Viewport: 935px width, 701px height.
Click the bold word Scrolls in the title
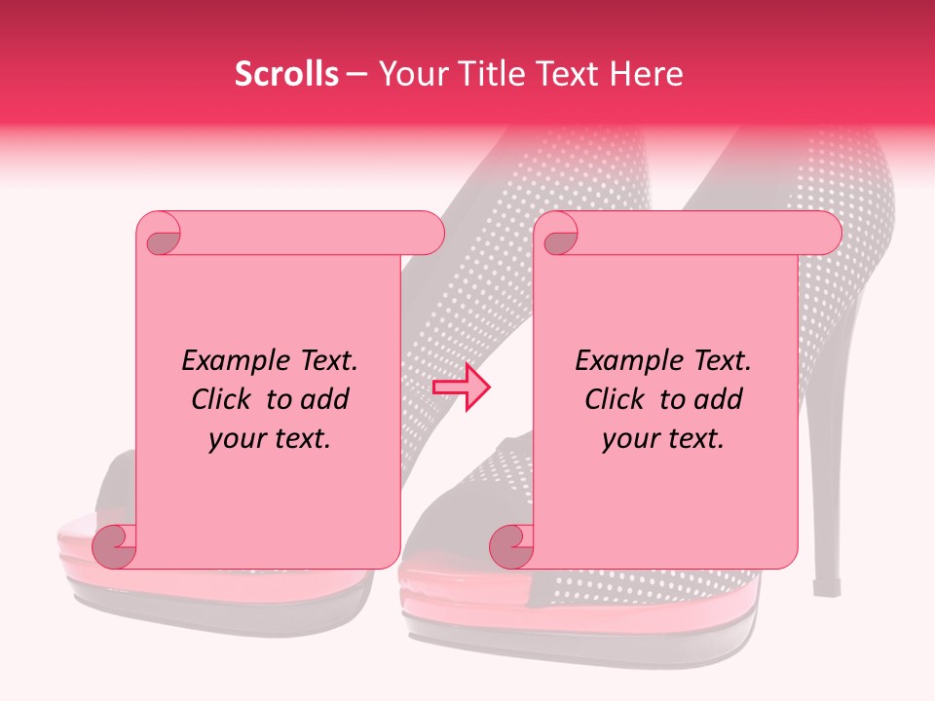pos(286,74)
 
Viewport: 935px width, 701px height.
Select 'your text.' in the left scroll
pos(270,438)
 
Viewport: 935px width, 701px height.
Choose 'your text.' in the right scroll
pos(663,438)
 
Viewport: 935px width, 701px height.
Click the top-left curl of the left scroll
pos(159,235)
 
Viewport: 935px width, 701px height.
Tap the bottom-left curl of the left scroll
pos(115,546)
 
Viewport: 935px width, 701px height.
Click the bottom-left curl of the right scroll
pos(512,546)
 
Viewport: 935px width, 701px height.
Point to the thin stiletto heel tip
pos(827,587)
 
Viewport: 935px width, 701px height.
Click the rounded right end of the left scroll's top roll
pos(429,233)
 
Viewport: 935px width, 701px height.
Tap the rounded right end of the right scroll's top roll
pos(826,233)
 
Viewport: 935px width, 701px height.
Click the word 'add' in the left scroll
pos(324,399)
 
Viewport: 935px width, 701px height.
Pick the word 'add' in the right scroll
pos(718,399)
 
